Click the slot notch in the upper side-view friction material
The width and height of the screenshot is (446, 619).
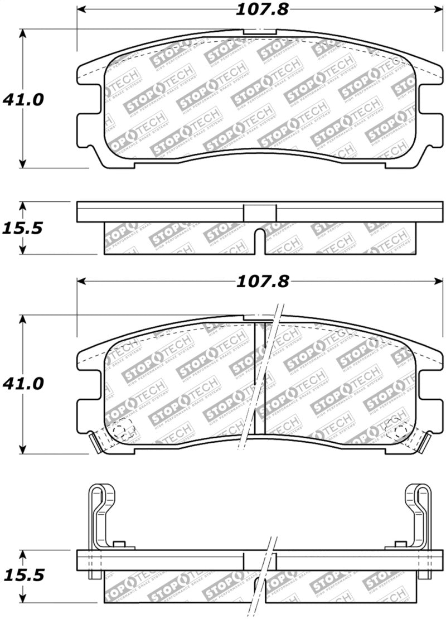(260, 239)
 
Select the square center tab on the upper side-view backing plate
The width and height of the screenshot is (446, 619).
(260, 212)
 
